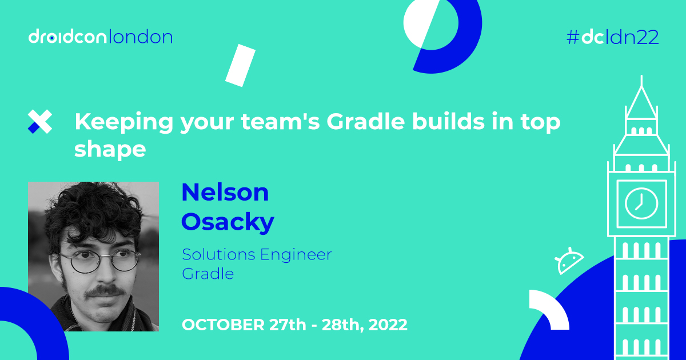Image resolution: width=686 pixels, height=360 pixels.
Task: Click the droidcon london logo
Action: pyautogui.click(x=101, y=38)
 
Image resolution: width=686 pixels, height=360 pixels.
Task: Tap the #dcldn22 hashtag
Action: pyautogui.click(x=612, y=38)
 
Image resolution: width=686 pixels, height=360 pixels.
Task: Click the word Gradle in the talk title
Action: pyautogui.click(x=343, y=122)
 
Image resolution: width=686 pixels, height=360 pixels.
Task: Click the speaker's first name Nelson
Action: pyautogui.click(x=225, y=193)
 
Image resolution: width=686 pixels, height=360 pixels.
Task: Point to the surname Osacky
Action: pyautogui.click(x=228, y=222)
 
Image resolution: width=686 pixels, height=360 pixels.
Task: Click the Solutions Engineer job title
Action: pyautogui.click(x=257, y=254)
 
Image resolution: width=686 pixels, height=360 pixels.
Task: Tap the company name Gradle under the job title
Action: pyautogui.click(x=208, y=274)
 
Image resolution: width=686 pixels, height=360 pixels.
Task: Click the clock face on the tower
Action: pyautogui.click(x=641, y=203)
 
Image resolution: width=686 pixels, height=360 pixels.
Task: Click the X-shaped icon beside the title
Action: pyautogui.click(x=40, y=122)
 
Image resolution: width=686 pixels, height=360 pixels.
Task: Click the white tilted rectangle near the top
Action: pyautogui.click(x=240, y=65)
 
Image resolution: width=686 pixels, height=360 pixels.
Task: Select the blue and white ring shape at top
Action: pyautogui.click(x=442, y=35)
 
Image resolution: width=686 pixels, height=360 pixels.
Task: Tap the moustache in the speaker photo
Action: pyautogui.click(x=103, y=292)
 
